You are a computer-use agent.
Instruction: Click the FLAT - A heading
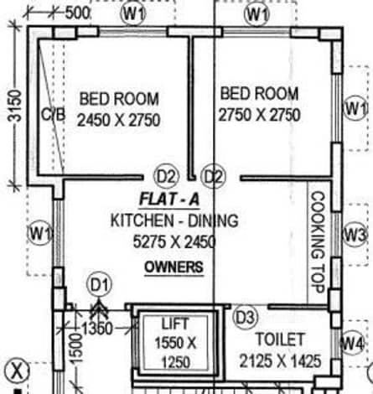click(169, 200)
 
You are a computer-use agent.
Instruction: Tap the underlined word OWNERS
click(174, 267)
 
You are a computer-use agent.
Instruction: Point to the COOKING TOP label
click(318, 242)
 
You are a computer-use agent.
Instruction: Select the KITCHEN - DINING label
click(174, 220)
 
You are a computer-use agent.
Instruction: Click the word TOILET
click(280, 340)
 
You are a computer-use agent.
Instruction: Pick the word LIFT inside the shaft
click(175, 324)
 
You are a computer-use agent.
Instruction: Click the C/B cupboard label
click(54, 114)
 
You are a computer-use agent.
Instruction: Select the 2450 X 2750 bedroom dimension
click(118, 120)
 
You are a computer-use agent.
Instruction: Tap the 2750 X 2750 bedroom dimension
click(259, 115)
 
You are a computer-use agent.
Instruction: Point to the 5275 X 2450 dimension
click(174, 241)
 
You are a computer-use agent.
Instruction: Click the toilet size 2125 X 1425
click(280, 360)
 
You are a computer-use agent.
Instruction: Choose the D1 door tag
click(99, 285)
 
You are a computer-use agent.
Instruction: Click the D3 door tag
click(245, 318)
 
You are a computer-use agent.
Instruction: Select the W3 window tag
click(355, 234)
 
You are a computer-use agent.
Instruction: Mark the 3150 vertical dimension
click(14, 106)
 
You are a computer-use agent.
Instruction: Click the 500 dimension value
click(77, 13)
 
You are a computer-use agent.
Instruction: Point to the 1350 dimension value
click(97, 329)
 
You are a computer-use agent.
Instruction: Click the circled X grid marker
click(18, 371)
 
